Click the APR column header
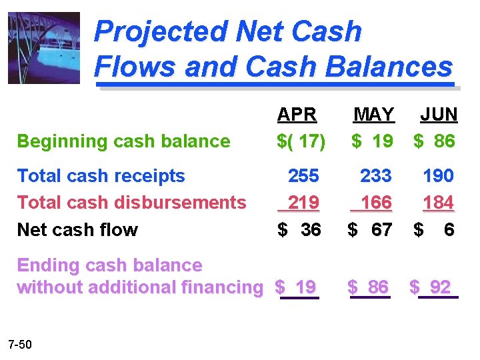click(297, 115)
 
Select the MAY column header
click(373, 115)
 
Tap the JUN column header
click(439, 115)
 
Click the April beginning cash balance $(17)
click(301, 141)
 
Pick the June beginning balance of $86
click(434, 141)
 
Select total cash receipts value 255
click(303, 176)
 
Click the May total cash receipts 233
click(375, 176)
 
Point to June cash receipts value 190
click(438, 176)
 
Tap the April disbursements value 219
click(303, 202)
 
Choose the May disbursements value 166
click(375, 202)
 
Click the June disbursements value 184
click(438, 202)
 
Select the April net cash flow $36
click(299, 230)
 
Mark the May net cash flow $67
click(371, 230)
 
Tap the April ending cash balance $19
click(297, 288)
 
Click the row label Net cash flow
click(77, 230)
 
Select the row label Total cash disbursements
click(131, 202)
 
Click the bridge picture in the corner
click(43, 47)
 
